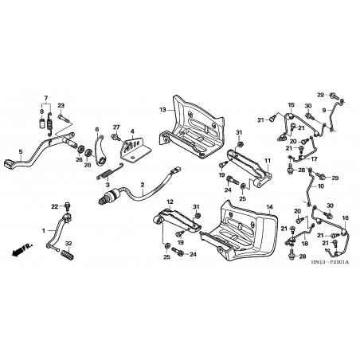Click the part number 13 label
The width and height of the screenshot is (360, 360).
162,110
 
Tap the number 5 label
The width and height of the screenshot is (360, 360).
21,151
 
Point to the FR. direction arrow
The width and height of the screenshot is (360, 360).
22,249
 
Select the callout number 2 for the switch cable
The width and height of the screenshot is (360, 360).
143,184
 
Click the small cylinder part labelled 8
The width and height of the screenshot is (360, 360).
41,124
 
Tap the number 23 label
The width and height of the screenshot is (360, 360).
61,106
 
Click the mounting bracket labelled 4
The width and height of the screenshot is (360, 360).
135,150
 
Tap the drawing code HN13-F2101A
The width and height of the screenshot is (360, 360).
330,262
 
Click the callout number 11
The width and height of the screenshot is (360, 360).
268,161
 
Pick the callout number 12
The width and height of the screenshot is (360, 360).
170,202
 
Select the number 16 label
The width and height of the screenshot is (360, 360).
345,218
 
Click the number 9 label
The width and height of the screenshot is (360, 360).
324,110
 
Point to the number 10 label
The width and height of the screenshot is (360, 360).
321,186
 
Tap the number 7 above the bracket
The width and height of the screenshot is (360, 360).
45,98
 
